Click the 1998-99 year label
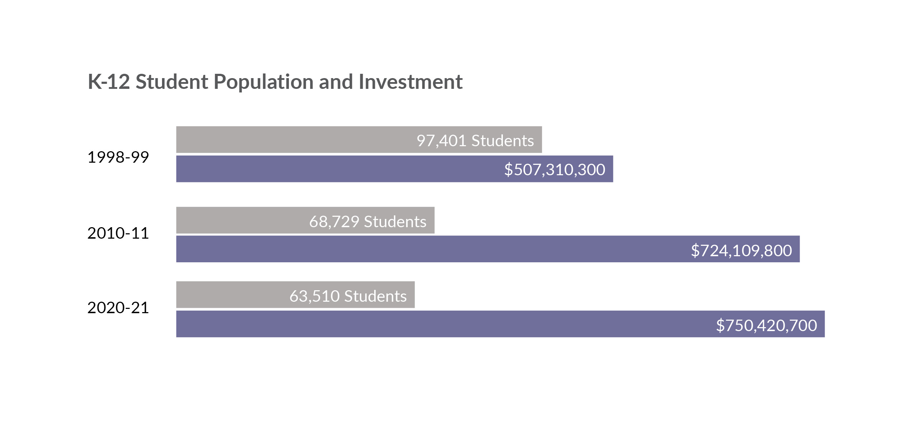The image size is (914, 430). click(x=118, y=157)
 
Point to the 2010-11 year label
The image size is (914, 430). click(x=118, y=233)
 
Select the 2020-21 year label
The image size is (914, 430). click(x=118, y=308)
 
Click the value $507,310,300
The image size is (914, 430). click(x=554, y=169)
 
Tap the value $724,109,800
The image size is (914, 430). click(x=741, y=250)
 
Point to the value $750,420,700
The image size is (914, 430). click(x=766, y=325)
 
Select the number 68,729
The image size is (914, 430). click(x=334, y=222)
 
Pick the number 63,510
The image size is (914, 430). click(x=314, y=296)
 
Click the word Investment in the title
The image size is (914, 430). click(x=410, y=82)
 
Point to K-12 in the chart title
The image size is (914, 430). click(x=109, y=82)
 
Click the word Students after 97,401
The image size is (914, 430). click(x=503, y=141)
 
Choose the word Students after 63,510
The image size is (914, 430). click(x=375, y=296)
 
